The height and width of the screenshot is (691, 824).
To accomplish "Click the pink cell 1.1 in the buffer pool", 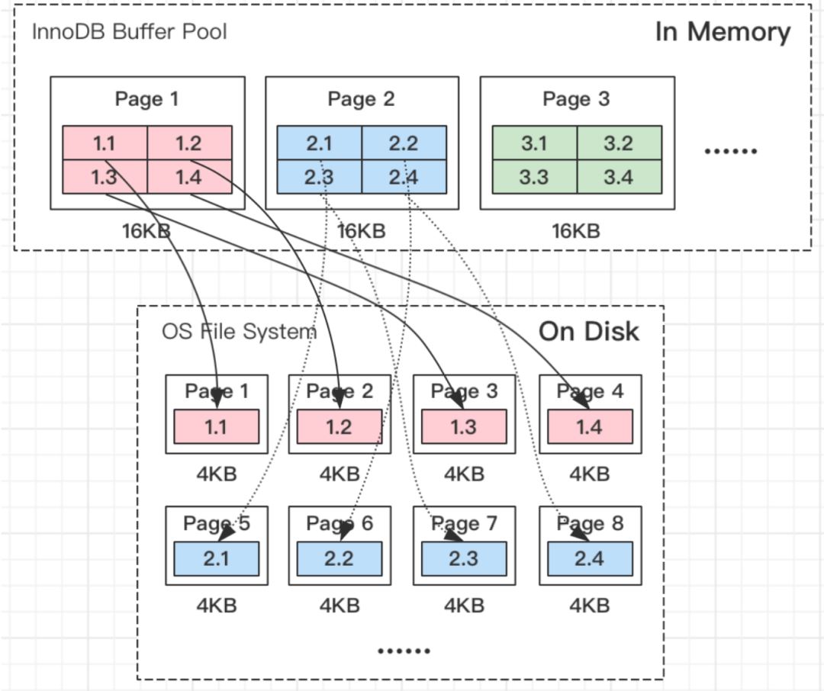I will click(105, 143).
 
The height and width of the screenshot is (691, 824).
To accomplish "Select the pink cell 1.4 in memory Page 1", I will click(189, 177).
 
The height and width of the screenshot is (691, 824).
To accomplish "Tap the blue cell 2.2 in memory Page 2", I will click(404, 143).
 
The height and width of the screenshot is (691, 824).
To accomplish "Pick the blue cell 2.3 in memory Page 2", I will click(319, 177).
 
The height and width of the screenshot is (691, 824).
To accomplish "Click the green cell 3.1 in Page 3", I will click(534, 143).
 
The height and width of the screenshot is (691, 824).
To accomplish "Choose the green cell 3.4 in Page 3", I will click(619, 177).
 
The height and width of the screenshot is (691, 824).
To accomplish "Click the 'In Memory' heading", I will click(723, 32).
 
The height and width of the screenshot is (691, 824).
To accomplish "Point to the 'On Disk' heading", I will click(588, 331).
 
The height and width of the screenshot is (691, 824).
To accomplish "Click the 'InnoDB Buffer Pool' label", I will click(129, 32).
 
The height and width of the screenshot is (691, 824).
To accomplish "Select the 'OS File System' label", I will click(239, 332).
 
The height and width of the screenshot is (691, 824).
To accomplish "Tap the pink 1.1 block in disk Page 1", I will click(216, 426).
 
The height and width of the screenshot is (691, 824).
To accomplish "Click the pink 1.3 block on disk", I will click(464, 426).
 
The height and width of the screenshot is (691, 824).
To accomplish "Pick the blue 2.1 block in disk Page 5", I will click(216, 558).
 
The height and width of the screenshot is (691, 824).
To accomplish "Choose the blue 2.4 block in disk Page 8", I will click(590, 558).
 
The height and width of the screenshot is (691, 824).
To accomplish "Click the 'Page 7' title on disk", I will click(464, 523).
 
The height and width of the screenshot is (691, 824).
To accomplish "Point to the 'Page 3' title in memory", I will click(576, 99).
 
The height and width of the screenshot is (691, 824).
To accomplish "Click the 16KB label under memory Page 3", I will click(576, 230).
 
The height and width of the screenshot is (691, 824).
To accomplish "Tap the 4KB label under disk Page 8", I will click(590, 606).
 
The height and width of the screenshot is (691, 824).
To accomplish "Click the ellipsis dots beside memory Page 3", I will click(730, 151).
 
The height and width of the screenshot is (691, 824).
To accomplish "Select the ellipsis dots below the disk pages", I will click(404, 651).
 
